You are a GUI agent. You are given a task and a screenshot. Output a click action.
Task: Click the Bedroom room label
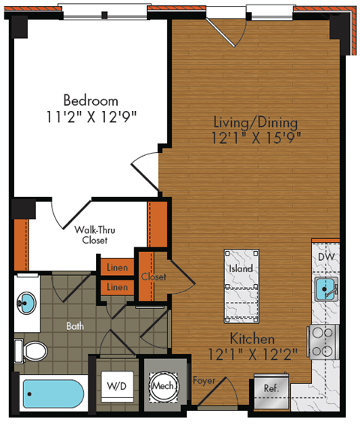click(x=90, y=100)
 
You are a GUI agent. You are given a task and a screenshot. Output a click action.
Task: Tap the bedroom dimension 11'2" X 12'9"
click(x=90, y=116)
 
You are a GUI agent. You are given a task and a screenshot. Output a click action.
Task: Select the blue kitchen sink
click(x=325, y=289)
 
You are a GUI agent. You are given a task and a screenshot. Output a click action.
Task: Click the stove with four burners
click(x=324, y=341)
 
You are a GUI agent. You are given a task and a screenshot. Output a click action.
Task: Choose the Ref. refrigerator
click(x=270, y=389)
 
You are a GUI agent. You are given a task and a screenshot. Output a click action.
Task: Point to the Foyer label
click(x=204, y=381)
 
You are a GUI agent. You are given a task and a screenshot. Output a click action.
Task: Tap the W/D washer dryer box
click(x=116, y=388)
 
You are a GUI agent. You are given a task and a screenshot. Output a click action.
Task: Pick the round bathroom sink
click(x=27, y=304)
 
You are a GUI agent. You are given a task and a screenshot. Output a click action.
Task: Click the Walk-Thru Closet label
click(x=94, y=235)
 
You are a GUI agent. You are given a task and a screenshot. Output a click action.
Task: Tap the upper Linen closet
click(x=116, y=268)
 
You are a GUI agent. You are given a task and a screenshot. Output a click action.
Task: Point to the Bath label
click(x=75, y=326)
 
